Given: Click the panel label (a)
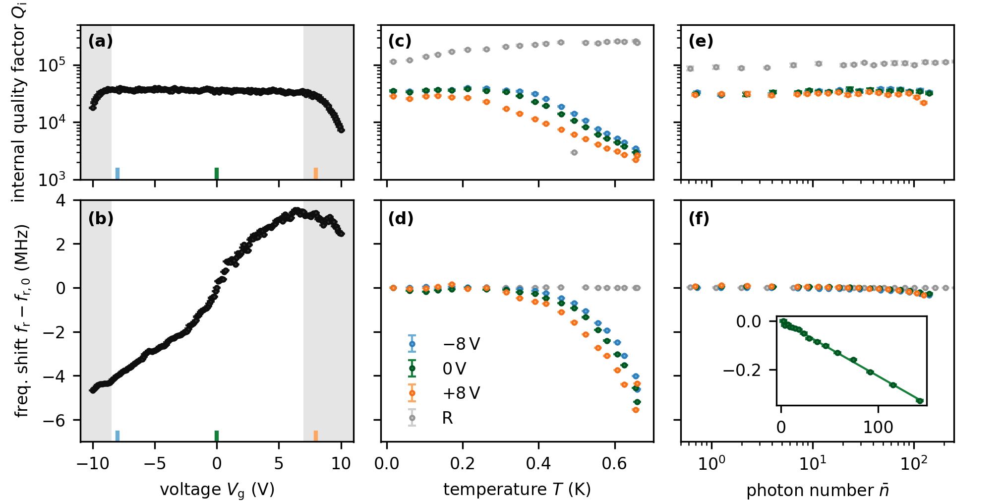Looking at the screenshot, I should pos(100,41).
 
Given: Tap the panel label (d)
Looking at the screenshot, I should pos(401,219).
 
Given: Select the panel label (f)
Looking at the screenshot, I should pos(699,219).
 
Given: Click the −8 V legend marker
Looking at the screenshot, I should pos(412,344).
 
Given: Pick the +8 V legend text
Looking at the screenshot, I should pos(461,393).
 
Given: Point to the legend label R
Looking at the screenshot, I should pos(447,418).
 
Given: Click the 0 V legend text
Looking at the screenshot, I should pos(454,369).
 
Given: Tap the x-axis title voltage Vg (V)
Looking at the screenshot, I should pos(217,490).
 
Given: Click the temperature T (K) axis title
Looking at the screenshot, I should pos(517,490).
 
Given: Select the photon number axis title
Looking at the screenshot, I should pos(817,490).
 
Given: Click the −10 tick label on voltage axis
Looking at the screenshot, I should pos(92,464).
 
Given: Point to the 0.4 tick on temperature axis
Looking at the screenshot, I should pos(538,464).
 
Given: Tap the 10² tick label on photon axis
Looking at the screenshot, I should pos(913,464).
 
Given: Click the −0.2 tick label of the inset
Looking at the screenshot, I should pos(742,371).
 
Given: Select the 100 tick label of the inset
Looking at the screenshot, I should pos(878,427).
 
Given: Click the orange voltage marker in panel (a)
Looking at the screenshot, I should pos(316,173).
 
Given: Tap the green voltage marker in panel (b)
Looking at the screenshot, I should pos(217,436).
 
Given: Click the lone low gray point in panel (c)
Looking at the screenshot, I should pos(574,153).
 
